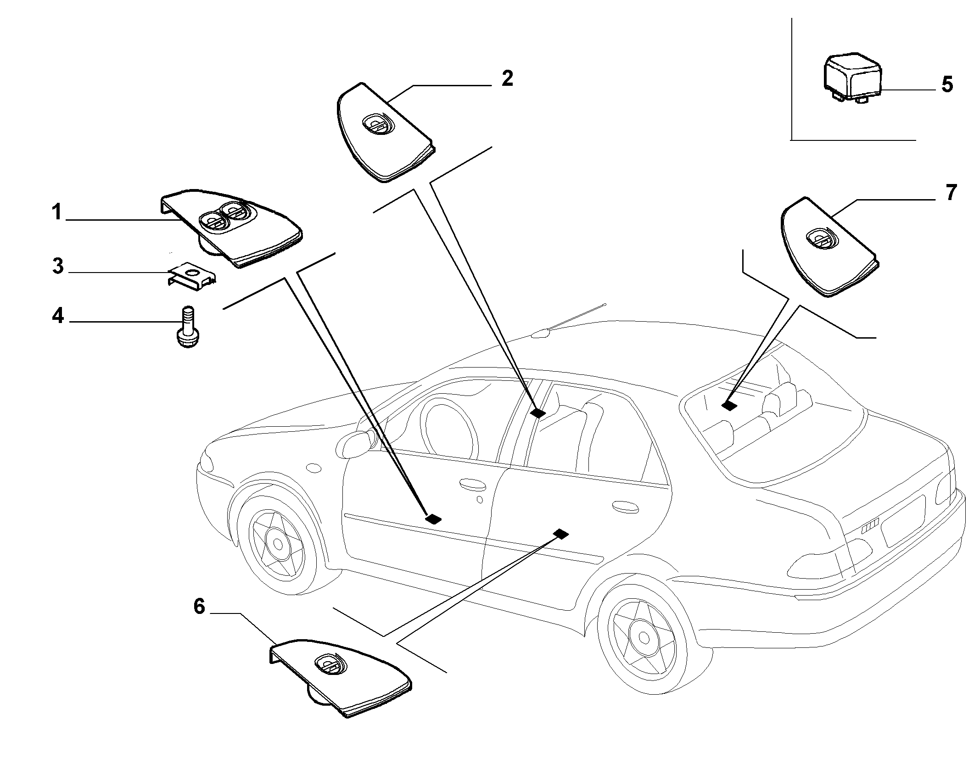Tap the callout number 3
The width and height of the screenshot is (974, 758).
[57, 267]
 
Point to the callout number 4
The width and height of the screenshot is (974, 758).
[57, 316]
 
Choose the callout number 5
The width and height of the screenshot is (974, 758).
[947, 85]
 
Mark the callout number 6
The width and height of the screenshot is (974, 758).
[198, 607]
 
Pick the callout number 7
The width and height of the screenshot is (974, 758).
[950, 193]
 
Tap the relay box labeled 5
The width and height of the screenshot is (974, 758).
[851, 80]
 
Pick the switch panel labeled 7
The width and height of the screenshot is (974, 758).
[830, 247]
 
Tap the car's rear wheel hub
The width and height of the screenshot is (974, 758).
[643, 638]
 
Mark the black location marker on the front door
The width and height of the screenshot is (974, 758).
[433, 518]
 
